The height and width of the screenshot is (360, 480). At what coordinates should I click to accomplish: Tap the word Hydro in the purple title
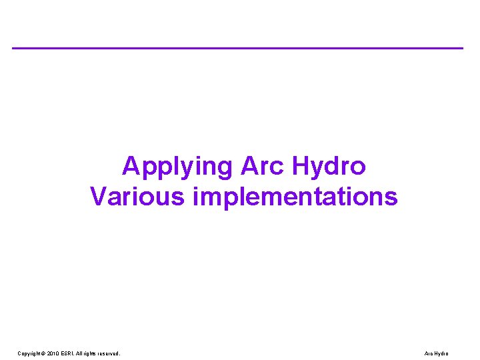click(331, 166)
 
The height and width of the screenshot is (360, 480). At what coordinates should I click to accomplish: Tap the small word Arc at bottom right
click(429, 353)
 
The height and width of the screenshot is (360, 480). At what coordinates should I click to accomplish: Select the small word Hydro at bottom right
click(442, 353)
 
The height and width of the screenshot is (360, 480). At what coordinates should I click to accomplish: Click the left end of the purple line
click(13, 48)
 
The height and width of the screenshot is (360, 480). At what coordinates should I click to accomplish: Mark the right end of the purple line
click(462, 48)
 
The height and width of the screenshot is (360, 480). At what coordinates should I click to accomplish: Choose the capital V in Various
click(98, 197)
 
